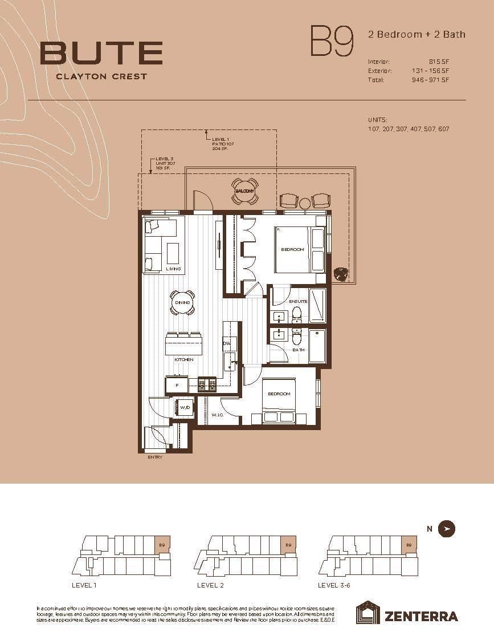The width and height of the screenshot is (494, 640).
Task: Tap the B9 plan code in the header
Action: click(331, 40)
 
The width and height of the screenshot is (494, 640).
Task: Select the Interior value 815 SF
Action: click(439, 62)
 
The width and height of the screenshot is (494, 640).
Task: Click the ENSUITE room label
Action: click(298, 301)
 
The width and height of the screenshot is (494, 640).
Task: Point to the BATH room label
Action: click(298, 350)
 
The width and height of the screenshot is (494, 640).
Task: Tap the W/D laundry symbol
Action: click(185, 408)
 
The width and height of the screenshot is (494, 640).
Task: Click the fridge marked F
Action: click(177, 386)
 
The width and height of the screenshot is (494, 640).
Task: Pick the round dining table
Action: click(182, 302)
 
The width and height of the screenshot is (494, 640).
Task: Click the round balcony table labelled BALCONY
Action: click(245, 191)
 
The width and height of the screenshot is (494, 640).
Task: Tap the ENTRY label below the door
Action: click(155, 457)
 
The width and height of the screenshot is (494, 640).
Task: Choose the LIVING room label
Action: click(173, 269)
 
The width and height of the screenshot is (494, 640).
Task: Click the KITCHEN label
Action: click(184, 359)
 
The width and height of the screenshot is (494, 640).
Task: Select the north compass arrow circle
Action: click(447, 529)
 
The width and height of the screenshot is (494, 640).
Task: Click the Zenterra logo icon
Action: click(368, 613)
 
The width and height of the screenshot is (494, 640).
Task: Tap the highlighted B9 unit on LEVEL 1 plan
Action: click(162, 545)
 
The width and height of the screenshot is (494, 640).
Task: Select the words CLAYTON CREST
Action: click(101, 76)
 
